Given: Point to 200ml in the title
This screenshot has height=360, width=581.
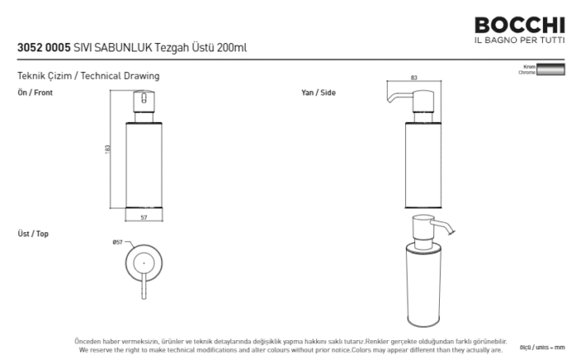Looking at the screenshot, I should point(232,48).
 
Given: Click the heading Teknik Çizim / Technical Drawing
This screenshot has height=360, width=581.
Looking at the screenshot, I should point(88,76).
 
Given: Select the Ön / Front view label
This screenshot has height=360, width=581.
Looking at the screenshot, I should point(35,93).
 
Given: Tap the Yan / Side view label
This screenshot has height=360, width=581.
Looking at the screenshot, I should point(318,93).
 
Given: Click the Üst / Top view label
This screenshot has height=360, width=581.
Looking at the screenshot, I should point(33,234).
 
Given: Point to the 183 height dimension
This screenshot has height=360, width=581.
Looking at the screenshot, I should point(108,148).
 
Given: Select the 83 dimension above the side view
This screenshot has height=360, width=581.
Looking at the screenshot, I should point(413,78).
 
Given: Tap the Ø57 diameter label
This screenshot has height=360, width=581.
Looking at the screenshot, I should point(117,242).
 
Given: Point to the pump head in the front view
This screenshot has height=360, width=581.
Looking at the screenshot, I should point(143,103).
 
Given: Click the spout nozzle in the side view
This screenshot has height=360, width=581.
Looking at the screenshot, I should point(390,101).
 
